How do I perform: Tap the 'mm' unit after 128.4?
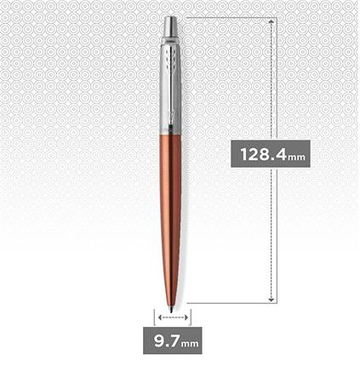point(296,157)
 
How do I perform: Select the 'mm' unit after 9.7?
point(190,345)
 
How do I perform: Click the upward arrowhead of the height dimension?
point(271,20)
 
